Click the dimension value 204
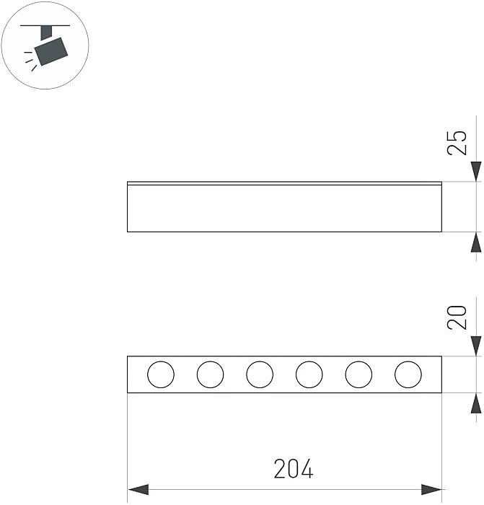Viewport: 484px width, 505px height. coord(294,470)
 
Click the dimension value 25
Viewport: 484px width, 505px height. coord(457,142)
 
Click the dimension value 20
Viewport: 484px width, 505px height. coord(457,316)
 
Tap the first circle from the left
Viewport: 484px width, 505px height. coord(161,374)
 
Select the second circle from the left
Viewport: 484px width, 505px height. coord(210,374)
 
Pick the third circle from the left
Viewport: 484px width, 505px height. coord(260,374)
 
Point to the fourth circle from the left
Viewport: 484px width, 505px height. coord(309,374)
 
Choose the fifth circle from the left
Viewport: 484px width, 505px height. coord(358,374)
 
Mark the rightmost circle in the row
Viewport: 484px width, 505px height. coord(408,374)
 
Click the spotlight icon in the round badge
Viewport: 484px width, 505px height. coord(51,48)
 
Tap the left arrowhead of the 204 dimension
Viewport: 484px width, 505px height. coord(138,489)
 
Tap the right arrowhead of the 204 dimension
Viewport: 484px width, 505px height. coord(431,489)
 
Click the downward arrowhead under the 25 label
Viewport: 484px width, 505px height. coord(475,172)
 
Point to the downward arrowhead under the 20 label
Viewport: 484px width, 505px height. coord(475,346)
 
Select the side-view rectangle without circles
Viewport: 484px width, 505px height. coord(284,209)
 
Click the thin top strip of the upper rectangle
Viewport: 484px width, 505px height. coord(284,183)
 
